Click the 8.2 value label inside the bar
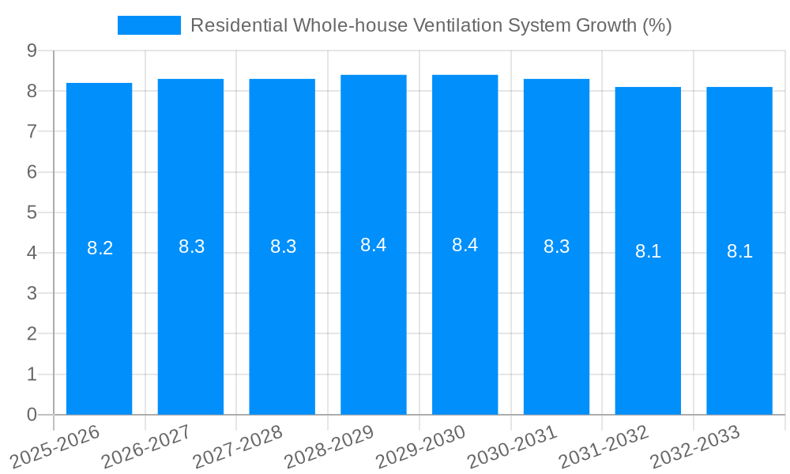pos(100,248)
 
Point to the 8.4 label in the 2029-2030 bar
pos(465,245)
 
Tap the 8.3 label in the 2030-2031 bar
pos(557,246)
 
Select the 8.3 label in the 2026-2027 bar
pos(191,246)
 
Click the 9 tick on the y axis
pos(32,51)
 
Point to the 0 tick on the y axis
pos(32,415)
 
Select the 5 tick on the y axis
pos(32,213)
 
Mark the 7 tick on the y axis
pos(32,131)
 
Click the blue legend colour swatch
pos(149,25)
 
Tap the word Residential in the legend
pos(239,25)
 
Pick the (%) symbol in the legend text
pos(656,25)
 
